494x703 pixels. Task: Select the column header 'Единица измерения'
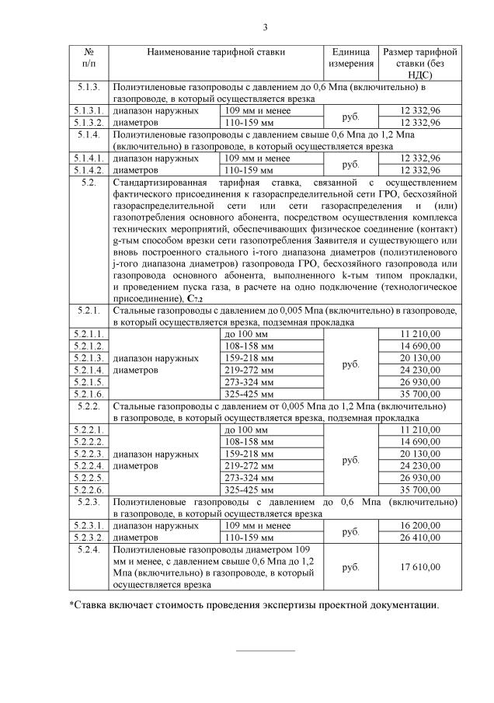click(x=350, y=57)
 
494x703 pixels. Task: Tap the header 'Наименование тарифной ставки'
click(x=216, y=52)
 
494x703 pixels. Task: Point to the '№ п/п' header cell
click(x=88, y=57)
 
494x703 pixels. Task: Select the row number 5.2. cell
click(x=88, y=183)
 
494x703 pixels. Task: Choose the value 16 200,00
click(x=419, y=526)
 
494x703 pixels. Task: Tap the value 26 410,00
click(x=419, y=537)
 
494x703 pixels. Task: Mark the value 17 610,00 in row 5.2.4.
click(x=419, y=567)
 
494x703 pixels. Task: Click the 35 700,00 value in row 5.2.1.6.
click(x=419, y=394)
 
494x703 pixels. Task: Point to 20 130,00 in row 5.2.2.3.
click(x=419, y=453)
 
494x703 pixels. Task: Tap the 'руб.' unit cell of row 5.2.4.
click(x=350, y=567)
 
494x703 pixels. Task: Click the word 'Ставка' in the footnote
click(x=91, y=605)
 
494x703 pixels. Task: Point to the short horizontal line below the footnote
click(x=265, y=650)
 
